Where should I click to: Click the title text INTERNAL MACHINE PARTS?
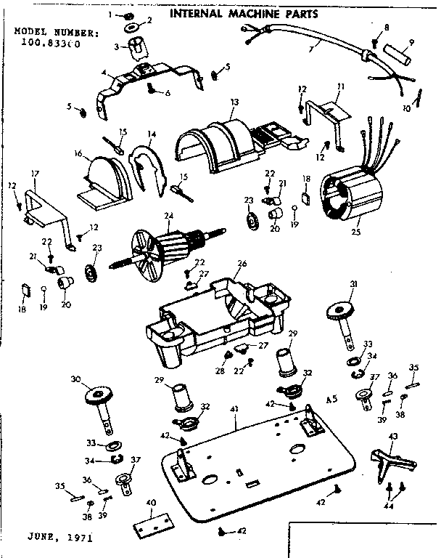242,13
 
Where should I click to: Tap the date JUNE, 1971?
60,538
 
